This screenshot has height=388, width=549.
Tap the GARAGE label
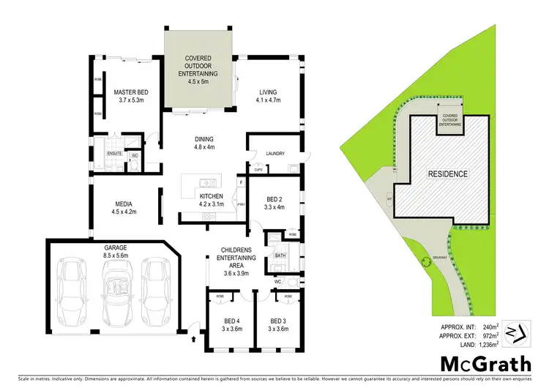click(x=116, y=252)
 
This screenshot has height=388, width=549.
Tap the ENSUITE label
click(x=114, y=154)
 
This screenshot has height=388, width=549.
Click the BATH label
click(x=280, y=256)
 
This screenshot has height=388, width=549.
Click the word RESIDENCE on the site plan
click(x=447, y=174)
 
